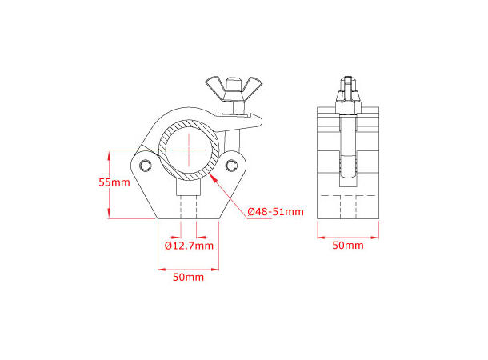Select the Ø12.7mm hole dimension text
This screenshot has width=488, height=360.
(x=188, y=246)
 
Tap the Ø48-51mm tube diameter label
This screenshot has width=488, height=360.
(x=275, y=211)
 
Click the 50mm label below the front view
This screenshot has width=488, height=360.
(x=188, y=277)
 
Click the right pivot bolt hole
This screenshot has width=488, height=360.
(x=232, y=165)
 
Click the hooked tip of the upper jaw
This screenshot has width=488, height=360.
(x=258, y=120)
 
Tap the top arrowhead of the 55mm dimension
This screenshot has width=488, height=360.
(x=109, y=152)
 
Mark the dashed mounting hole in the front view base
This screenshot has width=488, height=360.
(x=188, y=206)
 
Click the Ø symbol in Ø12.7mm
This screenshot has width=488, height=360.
(x=169, y=246)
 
